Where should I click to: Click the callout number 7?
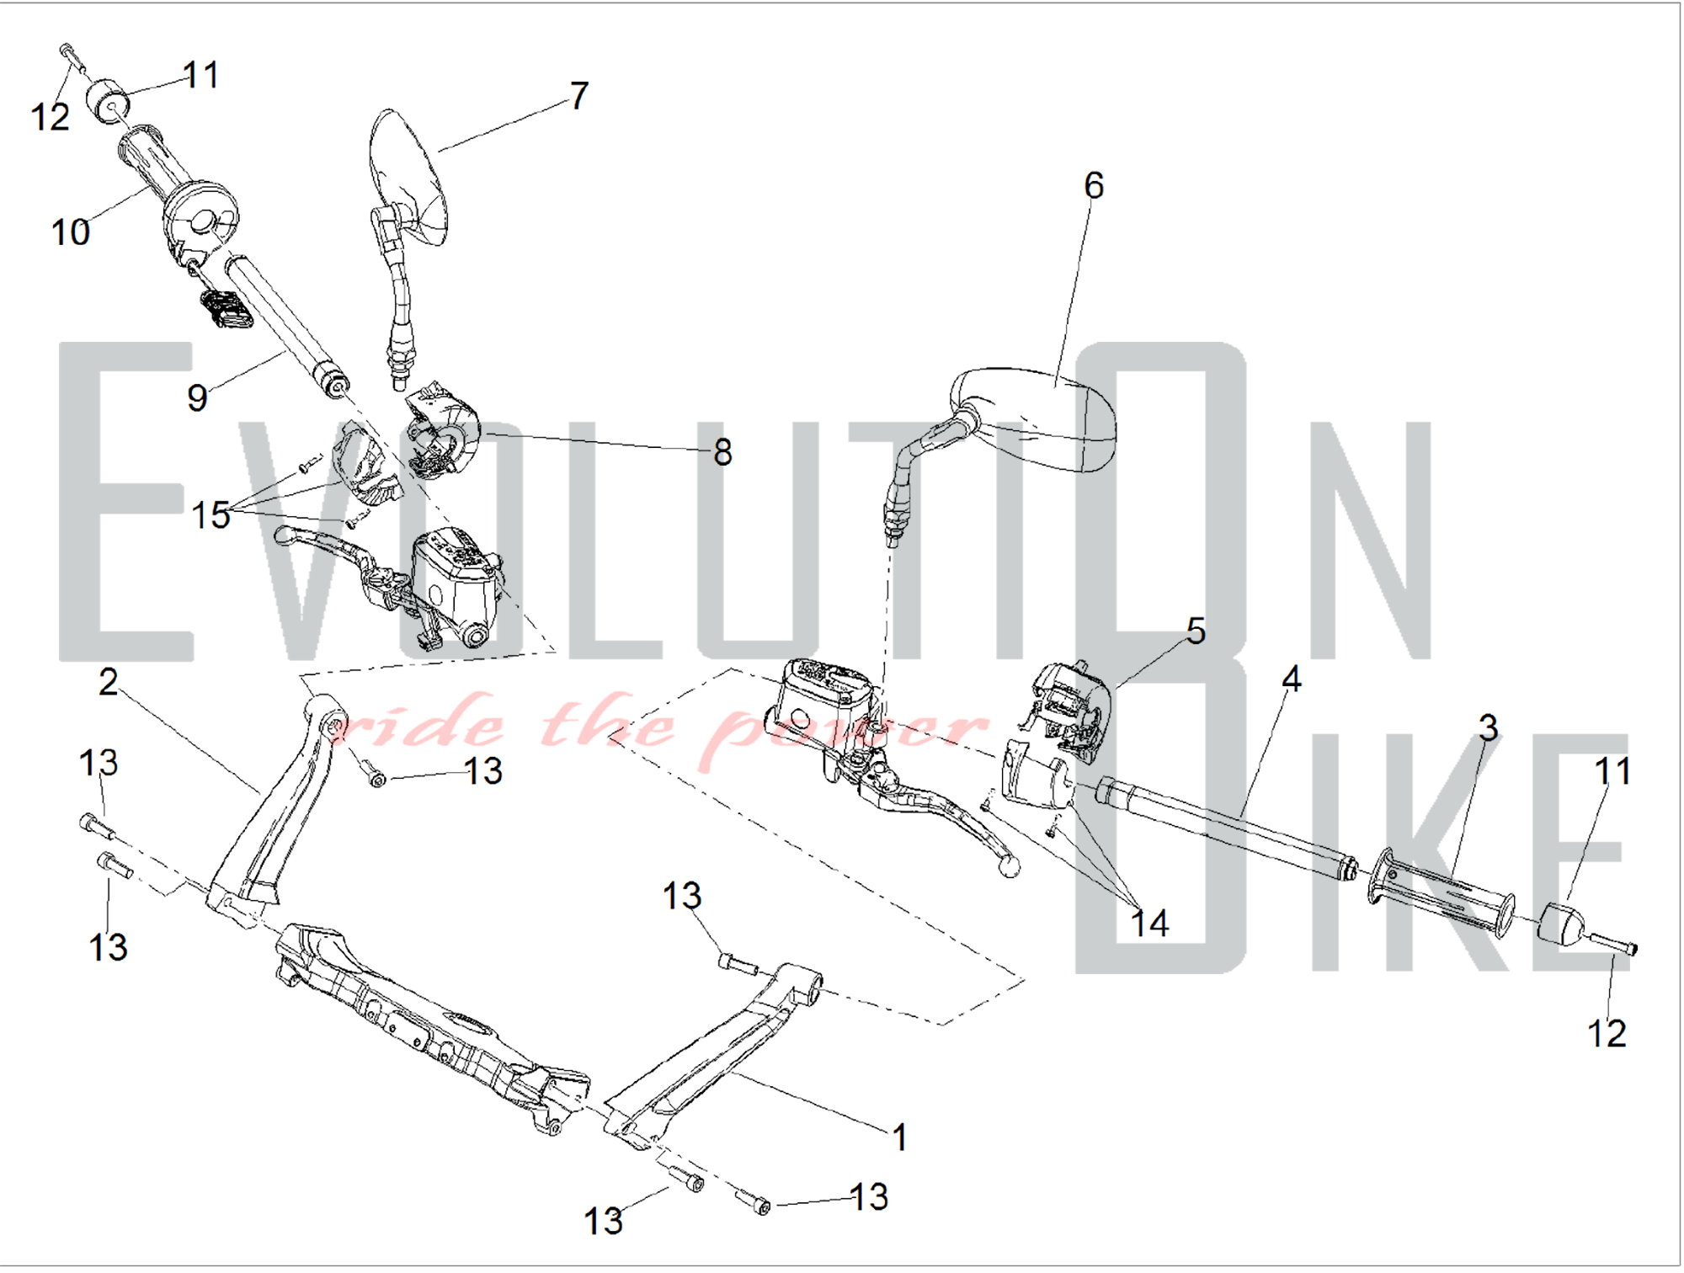[579, 95]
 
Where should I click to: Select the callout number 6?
[1094, 185]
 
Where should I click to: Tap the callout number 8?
[722, 452]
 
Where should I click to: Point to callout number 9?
[197, 397]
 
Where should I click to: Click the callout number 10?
[71, 232]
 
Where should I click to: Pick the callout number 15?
[210, 514]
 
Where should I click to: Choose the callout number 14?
[1149, 924]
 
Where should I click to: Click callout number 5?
[1196, 631]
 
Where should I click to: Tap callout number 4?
[1292, 679]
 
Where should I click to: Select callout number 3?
[1489, 727]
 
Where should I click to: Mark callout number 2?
[108, 682]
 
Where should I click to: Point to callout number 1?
[899, 1137]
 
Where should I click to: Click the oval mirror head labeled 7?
[408, 177]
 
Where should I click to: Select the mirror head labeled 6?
[1034, 418]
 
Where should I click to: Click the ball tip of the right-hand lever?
[1008, 865]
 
